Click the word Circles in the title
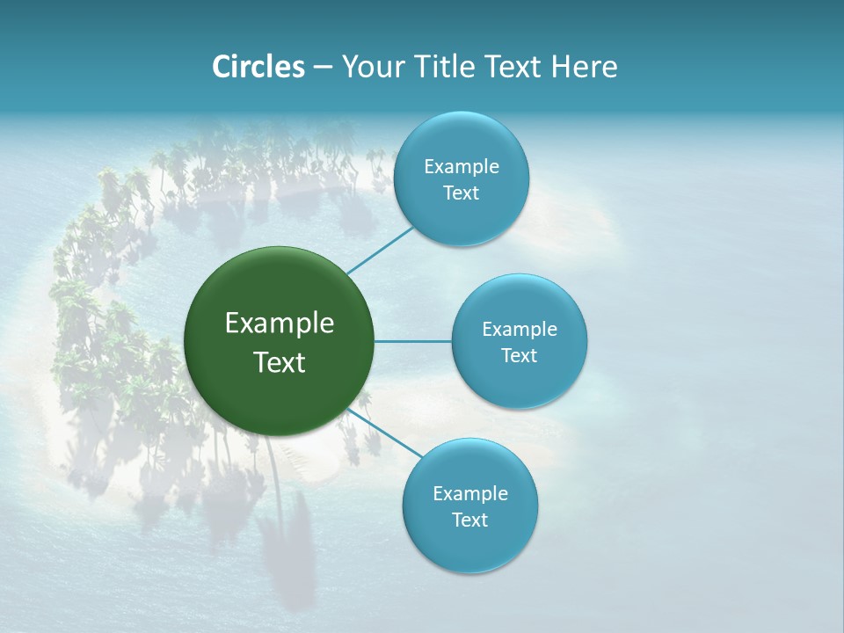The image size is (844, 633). (x=258, y=67)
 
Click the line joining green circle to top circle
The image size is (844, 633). (x=380, y=250)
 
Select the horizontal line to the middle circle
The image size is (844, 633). (x=413, y=341)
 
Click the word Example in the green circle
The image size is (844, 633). (x=280, y=324)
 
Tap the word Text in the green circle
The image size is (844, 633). (x=280, y=362)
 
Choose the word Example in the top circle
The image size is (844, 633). (x=462, y=167)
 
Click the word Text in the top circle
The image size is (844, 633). (x=461, y=193)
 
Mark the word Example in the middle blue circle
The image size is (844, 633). (x=520, y=330)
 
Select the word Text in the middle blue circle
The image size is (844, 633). (x=519, y=355)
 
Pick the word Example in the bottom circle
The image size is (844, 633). (x=470, y=493)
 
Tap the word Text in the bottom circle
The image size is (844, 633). (x=469, y=520)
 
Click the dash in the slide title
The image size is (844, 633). (x=323, y=68)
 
